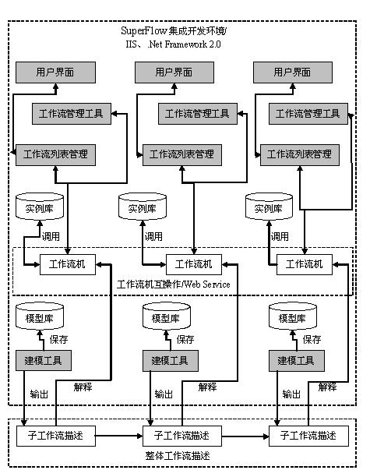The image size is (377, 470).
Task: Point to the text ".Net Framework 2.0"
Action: point(184,44)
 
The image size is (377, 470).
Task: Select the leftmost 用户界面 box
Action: point(56,72)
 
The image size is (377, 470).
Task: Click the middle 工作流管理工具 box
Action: point(198,114)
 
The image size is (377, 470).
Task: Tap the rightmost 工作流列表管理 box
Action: point(300,155)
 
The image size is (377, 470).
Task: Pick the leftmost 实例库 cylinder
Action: point(40,207)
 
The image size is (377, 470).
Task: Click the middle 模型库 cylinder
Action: point(166,316)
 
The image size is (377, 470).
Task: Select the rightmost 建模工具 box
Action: point(297,361)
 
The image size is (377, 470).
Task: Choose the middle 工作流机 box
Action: point(194,264)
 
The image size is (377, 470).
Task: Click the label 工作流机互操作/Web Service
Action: point(174,284)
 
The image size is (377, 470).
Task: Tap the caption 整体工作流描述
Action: point(178,456)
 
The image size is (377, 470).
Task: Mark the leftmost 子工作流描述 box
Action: point(56,436)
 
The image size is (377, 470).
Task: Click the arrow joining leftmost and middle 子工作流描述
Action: point(119,436)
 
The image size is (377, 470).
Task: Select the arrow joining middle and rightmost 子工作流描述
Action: point(245,436)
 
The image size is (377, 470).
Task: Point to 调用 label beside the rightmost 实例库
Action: point(280,236)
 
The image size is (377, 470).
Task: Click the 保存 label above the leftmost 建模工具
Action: point(58,340)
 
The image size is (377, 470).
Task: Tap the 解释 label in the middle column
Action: point(207,387)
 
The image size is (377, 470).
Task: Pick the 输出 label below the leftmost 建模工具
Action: point(39,394)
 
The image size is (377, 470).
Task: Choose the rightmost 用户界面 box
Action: point(293,72)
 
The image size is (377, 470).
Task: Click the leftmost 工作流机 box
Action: point(68,264)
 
